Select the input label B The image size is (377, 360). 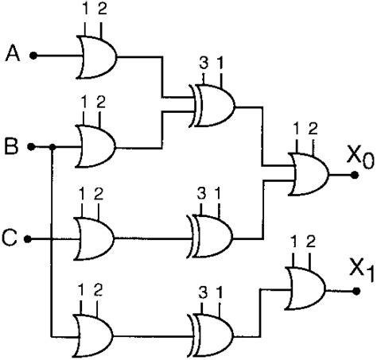(12, 147)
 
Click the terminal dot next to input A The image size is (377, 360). (33, 56)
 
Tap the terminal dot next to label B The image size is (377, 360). (32, 147)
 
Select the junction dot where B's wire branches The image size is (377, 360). (51, 147)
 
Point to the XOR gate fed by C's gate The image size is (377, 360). (212, 236)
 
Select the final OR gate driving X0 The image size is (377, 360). (313, 174)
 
